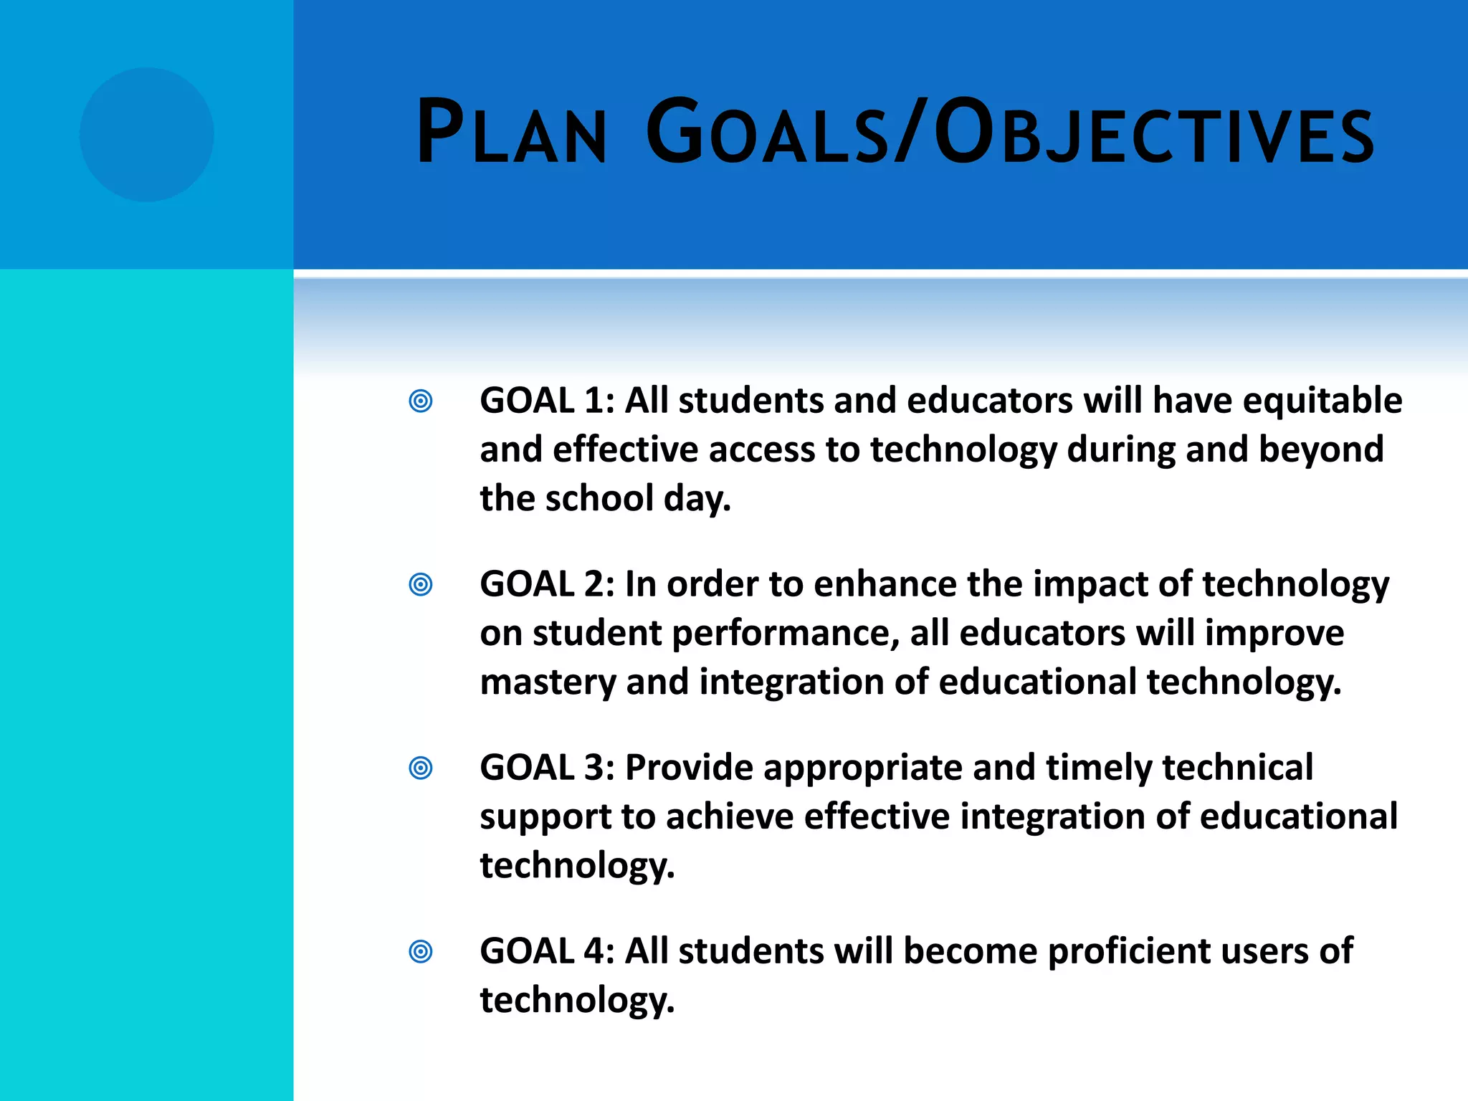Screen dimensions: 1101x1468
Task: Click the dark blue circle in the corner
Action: point(146,135)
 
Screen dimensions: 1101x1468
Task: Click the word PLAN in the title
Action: point(512,133)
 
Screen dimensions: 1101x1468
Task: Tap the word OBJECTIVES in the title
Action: point(1154,133)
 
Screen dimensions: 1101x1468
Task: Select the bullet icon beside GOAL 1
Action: point(421,401)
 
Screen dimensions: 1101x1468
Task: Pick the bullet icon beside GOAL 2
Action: point(421,584)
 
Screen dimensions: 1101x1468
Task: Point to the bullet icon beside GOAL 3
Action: point(421,768)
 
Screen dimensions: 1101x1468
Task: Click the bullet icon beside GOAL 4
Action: point(421,951)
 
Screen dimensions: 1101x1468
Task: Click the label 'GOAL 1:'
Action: point(547,401)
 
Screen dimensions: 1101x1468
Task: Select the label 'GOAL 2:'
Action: point(547,584)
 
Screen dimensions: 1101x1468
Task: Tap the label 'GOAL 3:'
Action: point(547,768)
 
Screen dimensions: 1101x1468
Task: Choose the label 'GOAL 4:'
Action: point(547,951)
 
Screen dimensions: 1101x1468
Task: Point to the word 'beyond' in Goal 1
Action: point(1320,450)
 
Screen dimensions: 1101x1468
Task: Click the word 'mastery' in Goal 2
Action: point(548,682)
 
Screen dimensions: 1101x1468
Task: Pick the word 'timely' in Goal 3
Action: point(1099,768)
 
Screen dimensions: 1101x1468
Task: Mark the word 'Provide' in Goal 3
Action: point(689,768)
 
